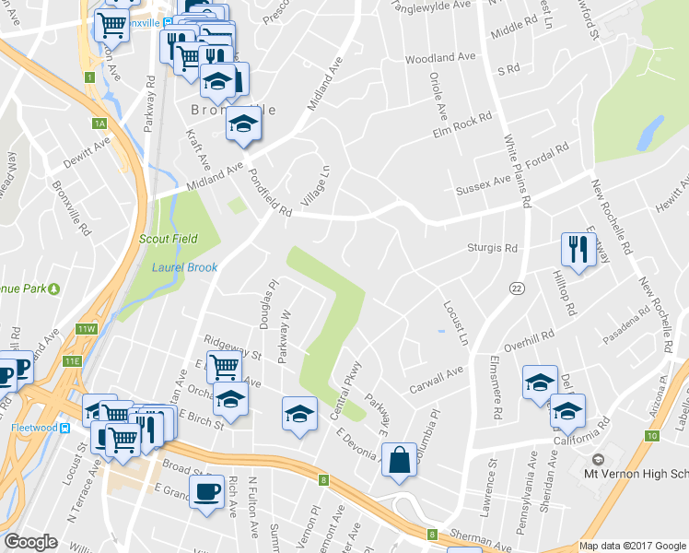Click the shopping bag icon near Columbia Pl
coord(399,461)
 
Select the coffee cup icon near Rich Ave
coord(205,490)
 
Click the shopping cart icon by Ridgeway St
coord(224,367)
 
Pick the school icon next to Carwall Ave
coord(539,383)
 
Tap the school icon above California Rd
coord(567,411)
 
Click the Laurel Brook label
coord(183,269)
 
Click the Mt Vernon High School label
coord(636,475)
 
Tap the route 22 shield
coord(517,289)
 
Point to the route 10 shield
coord(653,435)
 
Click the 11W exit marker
coord(88,329)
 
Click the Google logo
coord(29,542)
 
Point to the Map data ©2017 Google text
coord(631,546)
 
